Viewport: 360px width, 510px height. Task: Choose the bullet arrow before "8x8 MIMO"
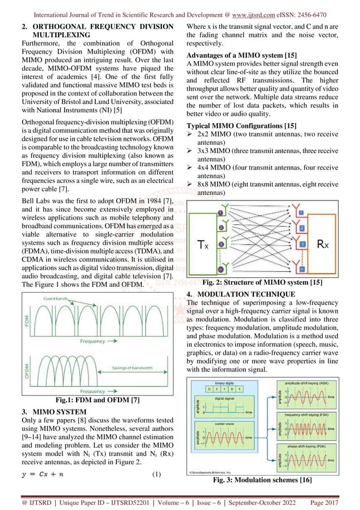[x=190, y=185]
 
